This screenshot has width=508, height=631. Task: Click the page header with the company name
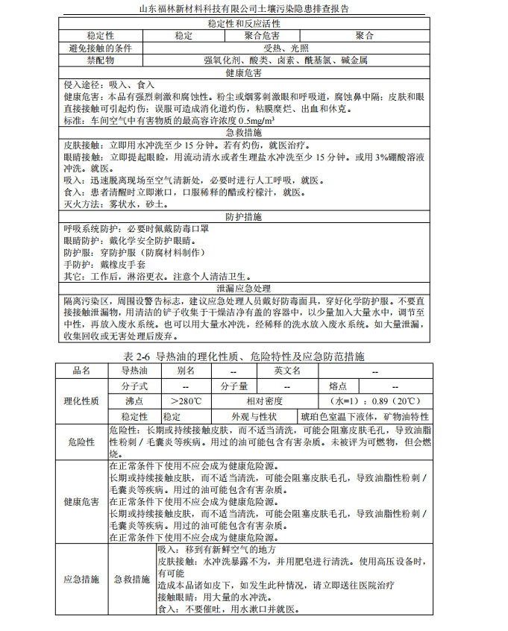[254, 9]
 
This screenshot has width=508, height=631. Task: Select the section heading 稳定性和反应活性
[254, 23]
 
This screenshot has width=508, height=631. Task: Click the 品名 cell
[81, 371]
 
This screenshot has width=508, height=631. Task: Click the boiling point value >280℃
[186, 401]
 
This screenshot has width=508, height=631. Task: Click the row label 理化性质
[81, 401]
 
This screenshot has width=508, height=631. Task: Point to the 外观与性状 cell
[254, 416]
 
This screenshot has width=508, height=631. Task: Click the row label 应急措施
[81, 579]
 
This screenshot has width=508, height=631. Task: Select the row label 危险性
[81, 442]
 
